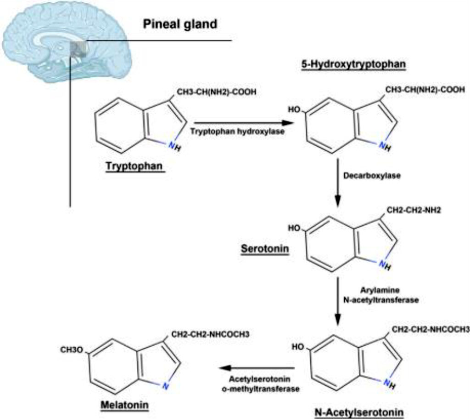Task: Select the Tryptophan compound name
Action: pyautogui.click(x=135, y=166)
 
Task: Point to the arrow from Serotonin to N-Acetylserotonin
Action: pyautogui.click(x=338, y=301)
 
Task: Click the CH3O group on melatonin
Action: pyautogui.click(x=72, y=350)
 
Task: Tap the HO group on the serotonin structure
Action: pyautogui.click(x=294, y=228)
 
